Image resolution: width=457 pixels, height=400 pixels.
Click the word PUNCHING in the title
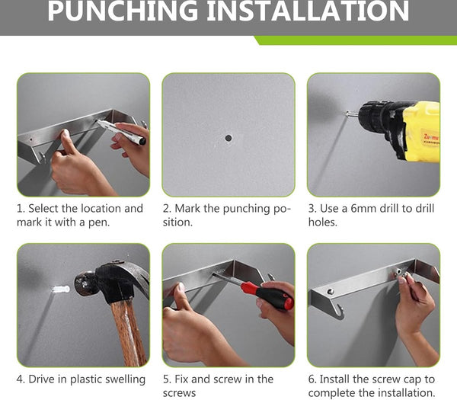[123, 11]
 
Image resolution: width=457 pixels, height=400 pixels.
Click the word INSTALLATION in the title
[308, 11]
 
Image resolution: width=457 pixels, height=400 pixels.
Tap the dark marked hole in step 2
[228, 138]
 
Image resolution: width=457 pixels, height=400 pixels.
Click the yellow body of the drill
[423, 131]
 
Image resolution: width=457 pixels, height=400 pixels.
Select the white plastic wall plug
[61, 290]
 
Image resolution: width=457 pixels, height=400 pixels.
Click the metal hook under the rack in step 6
[340, 312]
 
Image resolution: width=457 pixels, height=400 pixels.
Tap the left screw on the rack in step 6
[330, 291]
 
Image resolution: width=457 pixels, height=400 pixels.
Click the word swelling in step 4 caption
[125, 379]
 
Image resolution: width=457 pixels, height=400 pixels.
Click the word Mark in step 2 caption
[187, 209]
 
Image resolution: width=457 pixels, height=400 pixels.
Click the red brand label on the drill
[431, 138]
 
